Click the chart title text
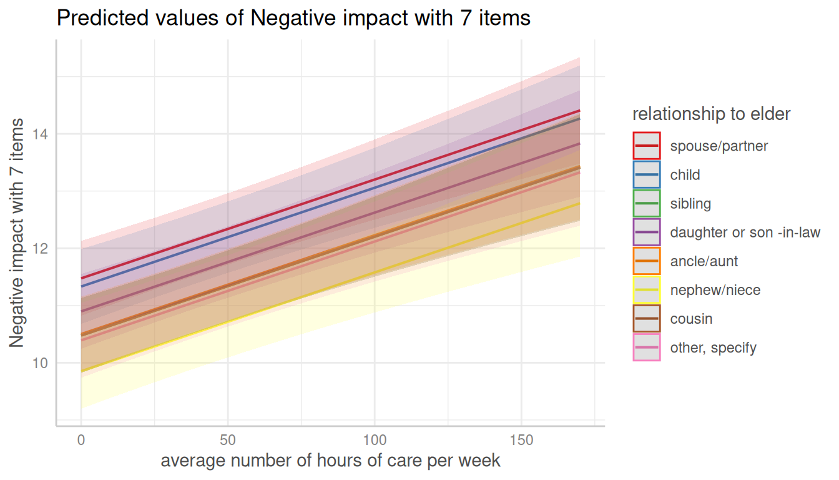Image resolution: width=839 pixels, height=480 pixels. tap(293, 18)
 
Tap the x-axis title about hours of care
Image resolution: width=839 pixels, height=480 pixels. tap(330, 461)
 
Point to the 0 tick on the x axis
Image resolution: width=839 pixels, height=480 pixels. tap(81, 440)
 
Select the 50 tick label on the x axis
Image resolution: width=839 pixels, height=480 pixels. tap(228, 440)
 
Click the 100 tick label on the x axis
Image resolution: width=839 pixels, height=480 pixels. tap(375, 440)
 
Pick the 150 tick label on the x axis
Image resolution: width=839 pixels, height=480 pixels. tap(521, 440)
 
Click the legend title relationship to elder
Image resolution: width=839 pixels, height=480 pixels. tap(711, 114)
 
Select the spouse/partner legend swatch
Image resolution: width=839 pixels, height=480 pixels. tap(646, 146)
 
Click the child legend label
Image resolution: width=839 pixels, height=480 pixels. tap(685, 175)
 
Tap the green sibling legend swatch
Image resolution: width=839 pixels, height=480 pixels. tap(646, 204)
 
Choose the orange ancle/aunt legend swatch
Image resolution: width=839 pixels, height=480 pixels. tap(646, 261)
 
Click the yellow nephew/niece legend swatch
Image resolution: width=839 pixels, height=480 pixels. tap(646, 290)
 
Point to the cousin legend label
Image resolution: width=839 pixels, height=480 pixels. tap(691, 319)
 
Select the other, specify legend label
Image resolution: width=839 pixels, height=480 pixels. tap(713, 347)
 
